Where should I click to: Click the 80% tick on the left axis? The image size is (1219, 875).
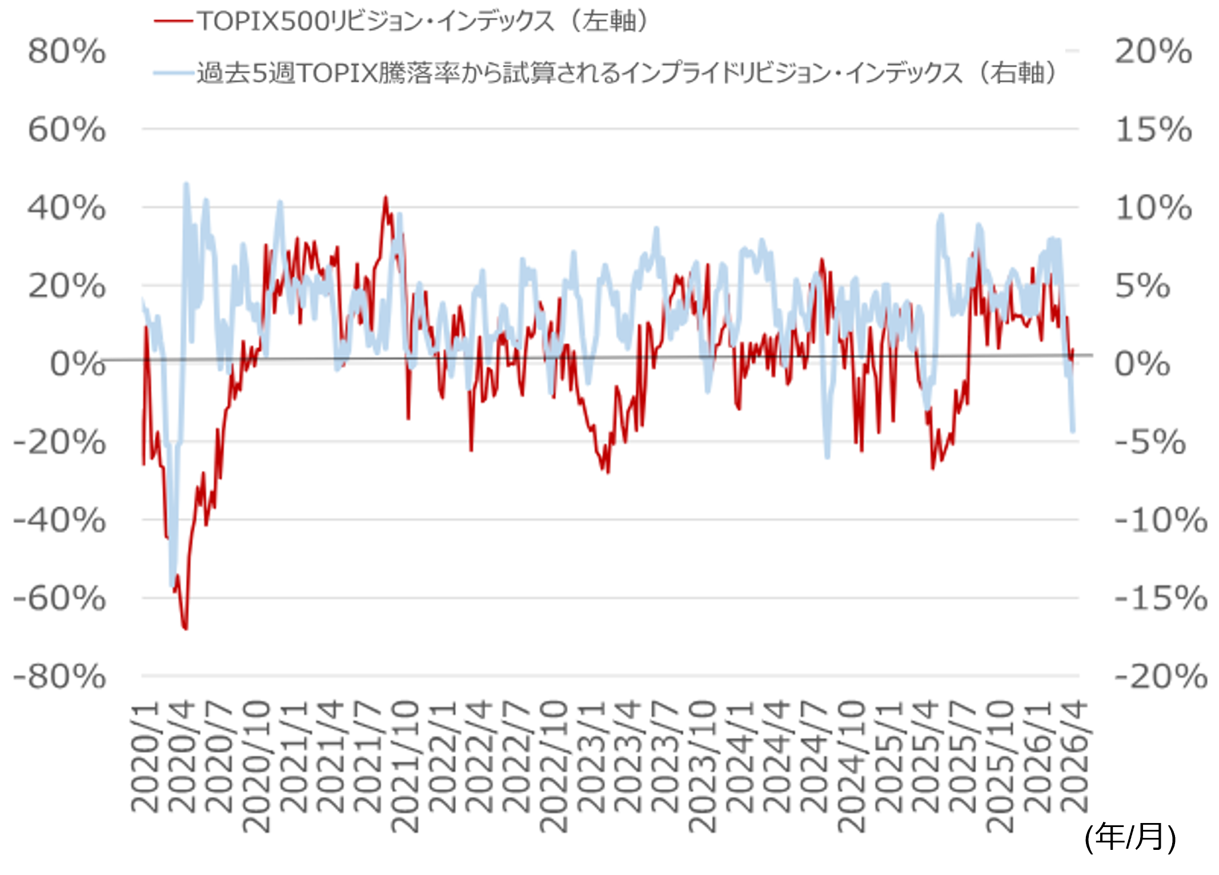(67, 51)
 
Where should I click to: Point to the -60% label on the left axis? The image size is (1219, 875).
(59, 599)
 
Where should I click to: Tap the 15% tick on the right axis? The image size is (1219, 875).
(1153, 130)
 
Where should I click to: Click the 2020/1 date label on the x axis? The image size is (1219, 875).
(145, 757)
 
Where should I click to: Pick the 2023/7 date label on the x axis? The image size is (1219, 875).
(665, 757)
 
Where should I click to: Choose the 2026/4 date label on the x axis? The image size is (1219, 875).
(1074, 757)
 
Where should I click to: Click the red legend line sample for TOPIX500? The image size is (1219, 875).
(173, 21)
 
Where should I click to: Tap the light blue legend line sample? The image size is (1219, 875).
(173, 73)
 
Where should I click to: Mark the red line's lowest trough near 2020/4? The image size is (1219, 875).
(186, 628)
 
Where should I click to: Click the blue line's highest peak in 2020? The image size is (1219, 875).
(186, 184)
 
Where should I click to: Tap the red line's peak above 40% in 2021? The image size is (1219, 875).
(386, 198)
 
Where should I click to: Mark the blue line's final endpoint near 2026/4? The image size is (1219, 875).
(1073, 431)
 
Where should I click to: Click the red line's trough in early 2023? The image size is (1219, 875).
(608, 472)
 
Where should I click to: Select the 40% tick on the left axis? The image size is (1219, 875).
(67, 208)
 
